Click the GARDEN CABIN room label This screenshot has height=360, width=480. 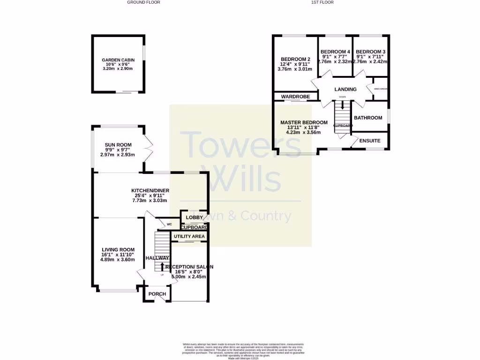118,60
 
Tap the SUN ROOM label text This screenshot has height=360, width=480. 118,145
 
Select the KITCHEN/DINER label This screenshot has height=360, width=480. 150,190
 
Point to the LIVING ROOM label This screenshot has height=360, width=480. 118,250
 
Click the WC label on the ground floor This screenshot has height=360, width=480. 163,225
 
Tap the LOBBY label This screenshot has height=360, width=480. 194,217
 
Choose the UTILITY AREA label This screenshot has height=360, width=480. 189,237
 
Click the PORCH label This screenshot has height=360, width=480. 157,294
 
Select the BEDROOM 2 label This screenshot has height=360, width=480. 296,59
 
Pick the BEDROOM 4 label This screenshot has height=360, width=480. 335,52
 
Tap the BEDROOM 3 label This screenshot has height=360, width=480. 370,52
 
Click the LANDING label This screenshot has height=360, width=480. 345,90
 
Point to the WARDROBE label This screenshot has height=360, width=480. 296,97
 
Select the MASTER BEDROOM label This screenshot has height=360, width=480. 304,122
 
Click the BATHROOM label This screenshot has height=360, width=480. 368,118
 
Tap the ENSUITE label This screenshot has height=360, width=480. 370,141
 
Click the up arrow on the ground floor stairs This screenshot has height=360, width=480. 162,267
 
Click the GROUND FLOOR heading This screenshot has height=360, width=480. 143,2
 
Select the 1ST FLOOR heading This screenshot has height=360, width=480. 322,2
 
